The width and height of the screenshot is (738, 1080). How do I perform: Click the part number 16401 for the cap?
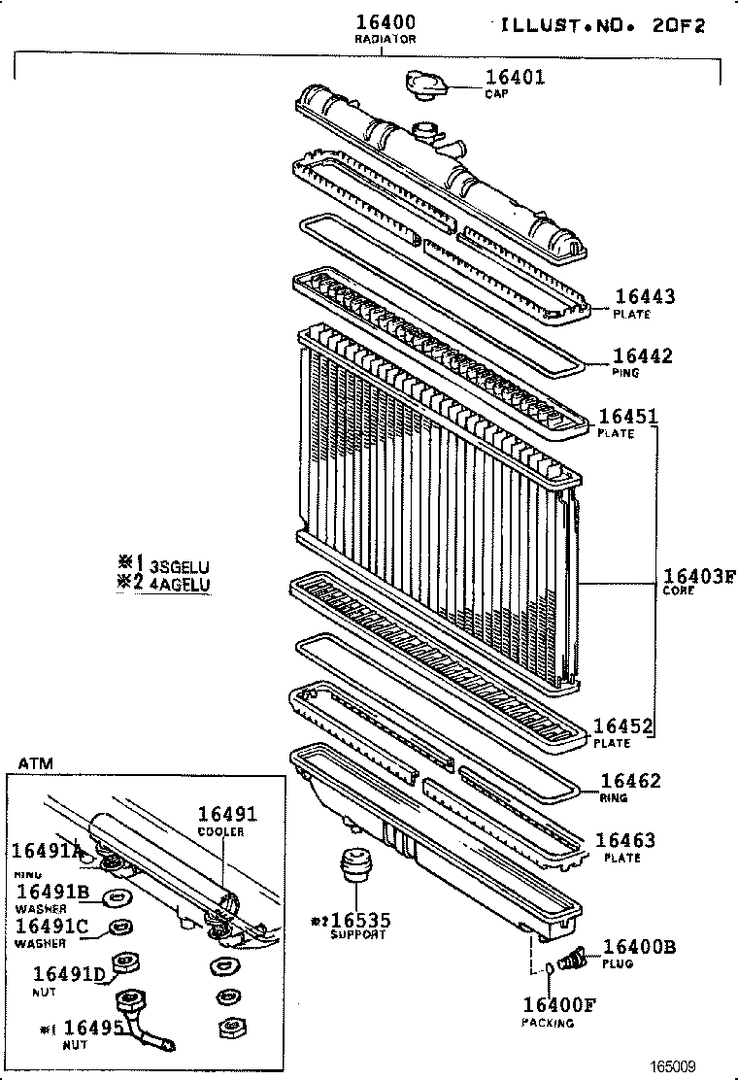point(515,78)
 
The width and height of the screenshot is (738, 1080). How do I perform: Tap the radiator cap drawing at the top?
point(425,84)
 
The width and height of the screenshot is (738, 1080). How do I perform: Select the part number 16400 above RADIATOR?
point(386,22)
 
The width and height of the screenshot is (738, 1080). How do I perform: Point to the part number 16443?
point(645,297)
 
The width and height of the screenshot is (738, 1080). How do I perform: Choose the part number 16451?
point(628,417)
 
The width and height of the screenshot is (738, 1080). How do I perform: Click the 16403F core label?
point(699,574)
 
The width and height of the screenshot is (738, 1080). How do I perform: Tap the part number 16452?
point(622,726)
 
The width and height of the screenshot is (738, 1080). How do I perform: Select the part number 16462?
point(630,781)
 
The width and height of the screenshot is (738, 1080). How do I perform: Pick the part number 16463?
point(625,840)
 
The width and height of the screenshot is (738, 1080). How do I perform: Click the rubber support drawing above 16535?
point(354,865)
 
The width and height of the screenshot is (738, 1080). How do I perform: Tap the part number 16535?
point(359,920)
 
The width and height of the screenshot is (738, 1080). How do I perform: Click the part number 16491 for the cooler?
point(228,815)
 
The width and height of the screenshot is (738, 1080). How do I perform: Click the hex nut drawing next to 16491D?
point(124,964)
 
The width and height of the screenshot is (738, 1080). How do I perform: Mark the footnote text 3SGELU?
point(180,566)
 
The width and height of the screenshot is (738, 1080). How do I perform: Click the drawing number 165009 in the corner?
point(673,1065)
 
